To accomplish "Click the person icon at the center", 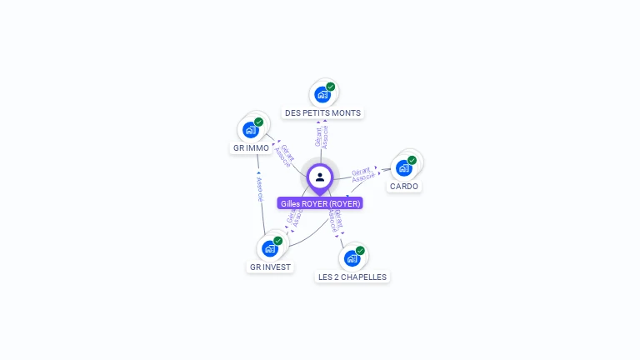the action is click(320, 177).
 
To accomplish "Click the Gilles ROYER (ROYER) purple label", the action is click(320, 203).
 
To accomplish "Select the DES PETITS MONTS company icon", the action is click(322, 95).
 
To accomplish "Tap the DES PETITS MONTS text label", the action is click(324, 112).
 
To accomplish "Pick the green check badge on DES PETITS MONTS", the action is click(331, 87).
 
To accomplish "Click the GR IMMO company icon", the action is click(251, 130).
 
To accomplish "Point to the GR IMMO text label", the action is click(251, 148).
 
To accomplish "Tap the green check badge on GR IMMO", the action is click(259, 122).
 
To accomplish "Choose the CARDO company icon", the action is click(404, 167).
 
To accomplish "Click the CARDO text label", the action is click(404, 186).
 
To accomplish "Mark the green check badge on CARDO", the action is click(412, 159).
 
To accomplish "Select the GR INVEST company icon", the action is click(270, 248).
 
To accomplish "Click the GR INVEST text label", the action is click(270, 267).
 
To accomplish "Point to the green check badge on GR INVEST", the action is click(278, 241).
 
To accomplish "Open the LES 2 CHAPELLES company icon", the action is click(352, 258).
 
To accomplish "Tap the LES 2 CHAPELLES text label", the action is click(352, 277).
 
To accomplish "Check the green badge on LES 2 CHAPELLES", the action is click(360, 250).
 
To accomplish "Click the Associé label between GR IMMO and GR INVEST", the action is click(259, 189).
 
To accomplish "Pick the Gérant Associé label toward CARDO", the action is click(362, 173).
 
